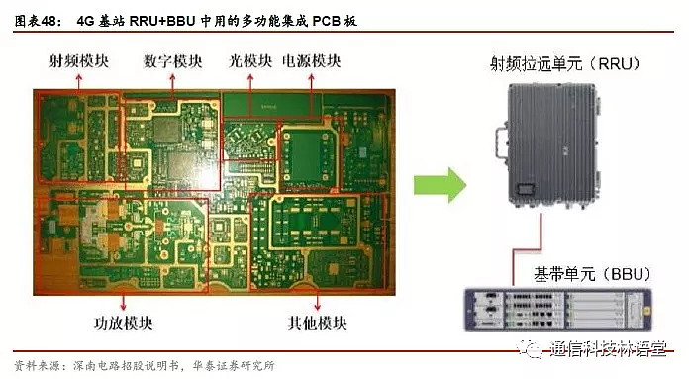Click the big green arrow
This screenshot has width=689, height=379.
[438, 184]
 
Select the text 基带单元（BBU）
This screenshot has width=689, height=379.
[561, 271]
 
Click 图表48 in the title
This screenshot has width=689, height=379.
[34, 15]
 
